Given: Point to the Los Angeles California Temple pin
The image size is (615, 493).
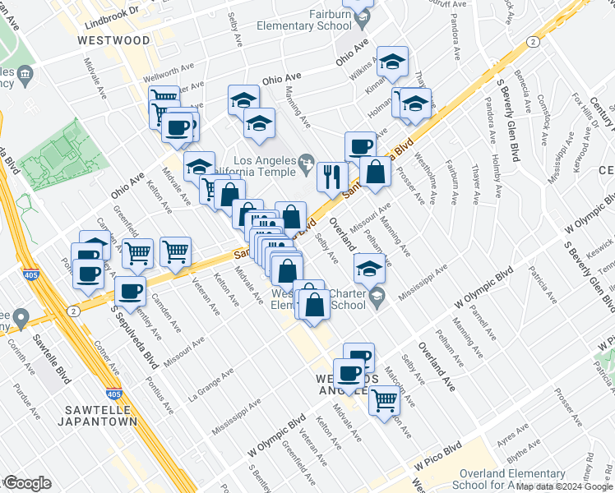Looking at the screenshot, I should pyautogui.click(x=306, y=159).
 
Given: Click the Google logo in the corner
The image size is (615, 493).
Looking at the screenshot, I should pyautogui.click(x=27, y=483).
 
